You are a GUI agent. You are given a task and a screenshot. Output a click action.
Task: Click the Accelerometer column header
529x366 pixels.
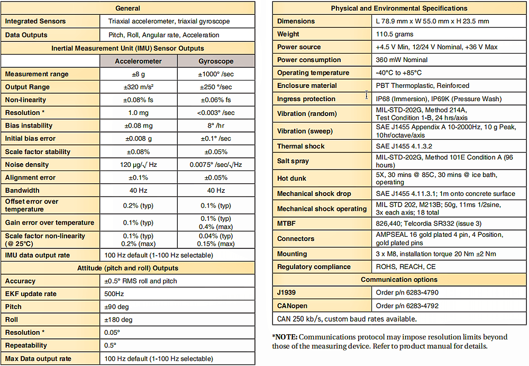tap(138, 61)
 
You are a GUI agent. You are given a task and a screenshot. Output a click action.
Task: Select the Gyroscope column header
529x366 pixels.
tap(215, 61)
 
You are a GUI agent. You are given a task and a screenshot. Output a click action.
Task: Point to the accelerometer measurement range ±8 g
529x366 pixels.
tap(138, 74)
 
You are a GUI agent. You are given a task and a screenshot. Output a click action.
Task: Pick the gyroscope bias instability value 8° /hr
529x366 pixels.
tap(215, 126)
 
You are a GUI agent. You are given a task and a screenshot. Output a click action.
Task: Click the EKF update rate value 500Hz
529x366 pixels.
tap(114, 294)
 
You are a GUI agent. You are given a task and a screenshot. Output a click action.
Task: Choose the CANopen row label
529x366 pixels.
tap(291, 306)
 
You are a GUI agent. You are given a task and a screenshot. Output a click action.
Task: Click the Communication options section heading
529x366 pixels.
tap(399, 280)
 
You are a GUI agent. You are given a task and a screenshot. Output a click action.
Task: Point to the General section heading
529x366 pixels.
tap(127, 8)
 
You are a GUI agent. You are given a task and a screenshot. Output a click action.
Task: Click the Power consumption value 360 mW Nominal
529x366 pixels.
tap(402, 60)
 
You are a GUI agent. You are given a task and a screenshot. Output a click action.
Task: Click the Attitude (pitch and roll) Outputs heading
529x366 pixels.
tap(127, 268)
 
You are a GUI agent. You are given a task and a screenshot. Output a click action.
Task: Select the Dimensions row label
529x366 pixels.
tap(296, 21)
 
